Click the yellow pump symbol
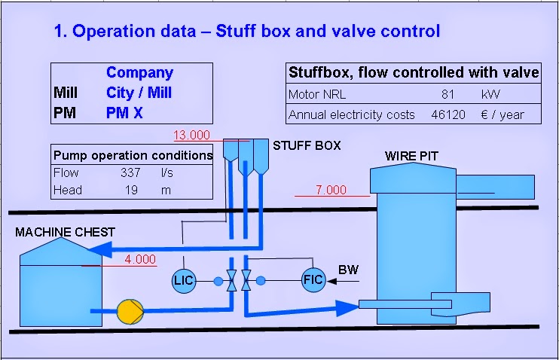130,312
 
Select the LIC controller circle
184,280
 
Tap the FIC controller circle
313,280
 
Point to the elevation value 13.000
191,135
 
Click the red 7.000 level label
331,190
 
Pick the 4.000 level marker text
140,259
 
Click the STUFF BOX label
307,145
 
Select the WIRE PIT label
411,156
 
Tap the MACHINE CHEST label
65,233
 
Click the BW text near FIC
348,270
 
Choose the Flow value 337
130,173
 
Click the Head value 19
131,190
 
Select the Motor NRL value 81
448,94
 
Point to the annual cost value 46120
448,114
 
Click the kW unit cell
490,94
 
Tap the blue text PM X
124,113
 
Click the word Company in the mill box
140,73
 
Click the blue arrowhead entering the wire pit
347,308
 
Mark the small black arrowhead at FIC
332,281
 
